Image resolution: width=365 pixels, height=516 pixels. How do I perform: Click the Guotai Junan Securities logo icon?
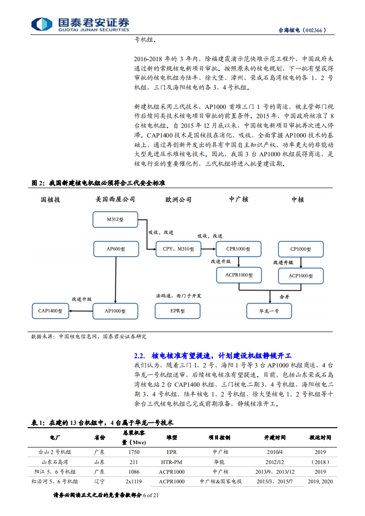pos(41,24)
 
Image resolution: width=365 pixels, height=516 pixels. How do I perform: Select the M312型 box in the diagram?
pos(115,219)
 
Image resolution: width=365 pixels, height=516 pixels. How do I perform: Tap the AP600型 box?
pos(115,249)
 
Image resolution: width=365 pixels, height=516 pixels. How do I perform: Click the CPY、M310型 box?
pos(178,249)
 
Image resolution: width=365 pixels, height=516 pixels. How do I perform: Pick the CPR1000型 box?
pos(238,249)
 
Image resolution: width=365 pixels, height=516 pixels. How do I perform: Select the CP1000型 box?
pos(301,249)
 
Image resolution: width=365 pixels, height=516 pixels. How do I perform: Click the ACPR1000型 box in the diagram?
pos(238,275)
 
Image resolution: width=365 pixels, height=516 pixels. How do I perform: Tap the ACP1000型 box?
pos(301,275)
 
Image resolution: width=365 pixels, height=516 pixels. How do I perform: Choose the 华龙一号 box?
pos(269,311)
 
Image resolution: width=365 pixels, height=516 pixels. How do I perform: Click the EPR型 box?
pos(178,311)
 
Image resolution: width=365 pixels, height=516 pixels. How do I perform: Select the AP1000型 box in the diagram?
pos(115,311)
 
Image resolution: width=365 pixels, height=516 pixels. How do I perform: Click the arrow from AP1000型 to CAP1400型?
pos(81,311)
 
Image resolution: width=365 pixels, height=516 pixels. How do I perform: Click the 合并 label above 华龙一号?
pos(284,297)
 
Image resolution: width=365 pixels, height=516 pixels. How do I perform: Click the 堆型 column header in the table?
pos(171,437)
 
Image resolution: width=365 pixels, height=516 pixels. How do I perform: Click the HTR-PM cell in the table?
pos(171,462)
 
